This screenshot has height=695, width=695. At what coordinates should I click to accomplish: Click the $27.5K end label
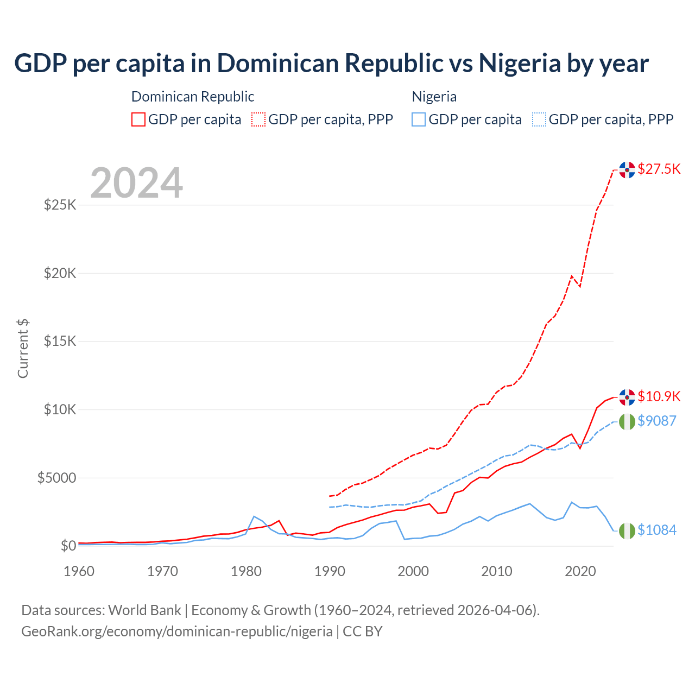(659, 169)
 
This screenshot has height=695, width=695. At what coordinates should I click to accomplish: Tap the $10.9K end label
(659, 396)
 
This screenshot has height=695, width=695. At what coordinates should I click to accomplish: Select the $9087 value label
(656, 421)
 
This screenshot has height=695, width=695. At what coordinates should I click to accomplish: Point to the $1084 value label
(656, 530)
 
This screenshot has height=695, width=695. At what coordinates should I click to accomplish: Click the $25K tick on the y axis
(60, 205)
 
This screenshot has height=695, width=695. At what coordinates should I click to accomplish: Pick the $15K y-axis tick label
(60, 341)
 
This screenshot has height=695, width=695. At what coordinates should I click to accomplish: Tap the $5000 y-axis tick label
(56, 478)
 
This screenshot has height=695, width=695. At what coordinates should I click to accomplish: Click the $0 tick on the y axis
(68, 546)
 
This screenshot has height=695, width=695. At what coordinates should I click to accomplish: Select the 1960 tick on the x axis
(79, 571)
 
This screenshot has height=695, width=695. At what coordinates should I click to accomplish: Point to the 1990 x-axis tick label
(330, 571)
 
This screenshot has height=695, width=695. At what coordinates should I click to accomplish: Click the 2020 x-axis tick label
(580, 571)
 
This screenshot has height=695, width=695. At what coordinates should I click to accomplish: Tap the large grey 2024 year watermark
(136, 183)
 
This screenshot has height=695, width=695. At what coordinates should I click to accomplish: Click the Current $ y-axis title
(23, 349)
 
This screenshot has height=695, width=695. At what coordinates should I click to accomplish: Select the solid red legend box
(138, 119)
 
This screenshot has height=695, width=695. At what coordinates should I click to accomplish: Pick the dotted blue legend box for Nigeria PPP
(539, 119)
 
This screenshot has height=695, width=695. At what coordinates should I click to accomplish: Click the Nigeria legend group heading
(434, 97)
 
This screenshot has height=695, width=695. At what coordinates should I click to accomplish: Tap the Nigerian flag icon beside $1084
(627, 530)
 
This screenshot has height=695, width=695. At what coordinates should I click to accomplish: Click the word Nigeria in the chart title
(519, 63)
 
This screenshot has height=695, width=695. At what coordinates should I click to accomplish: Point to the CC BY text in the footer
(363, 631)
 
